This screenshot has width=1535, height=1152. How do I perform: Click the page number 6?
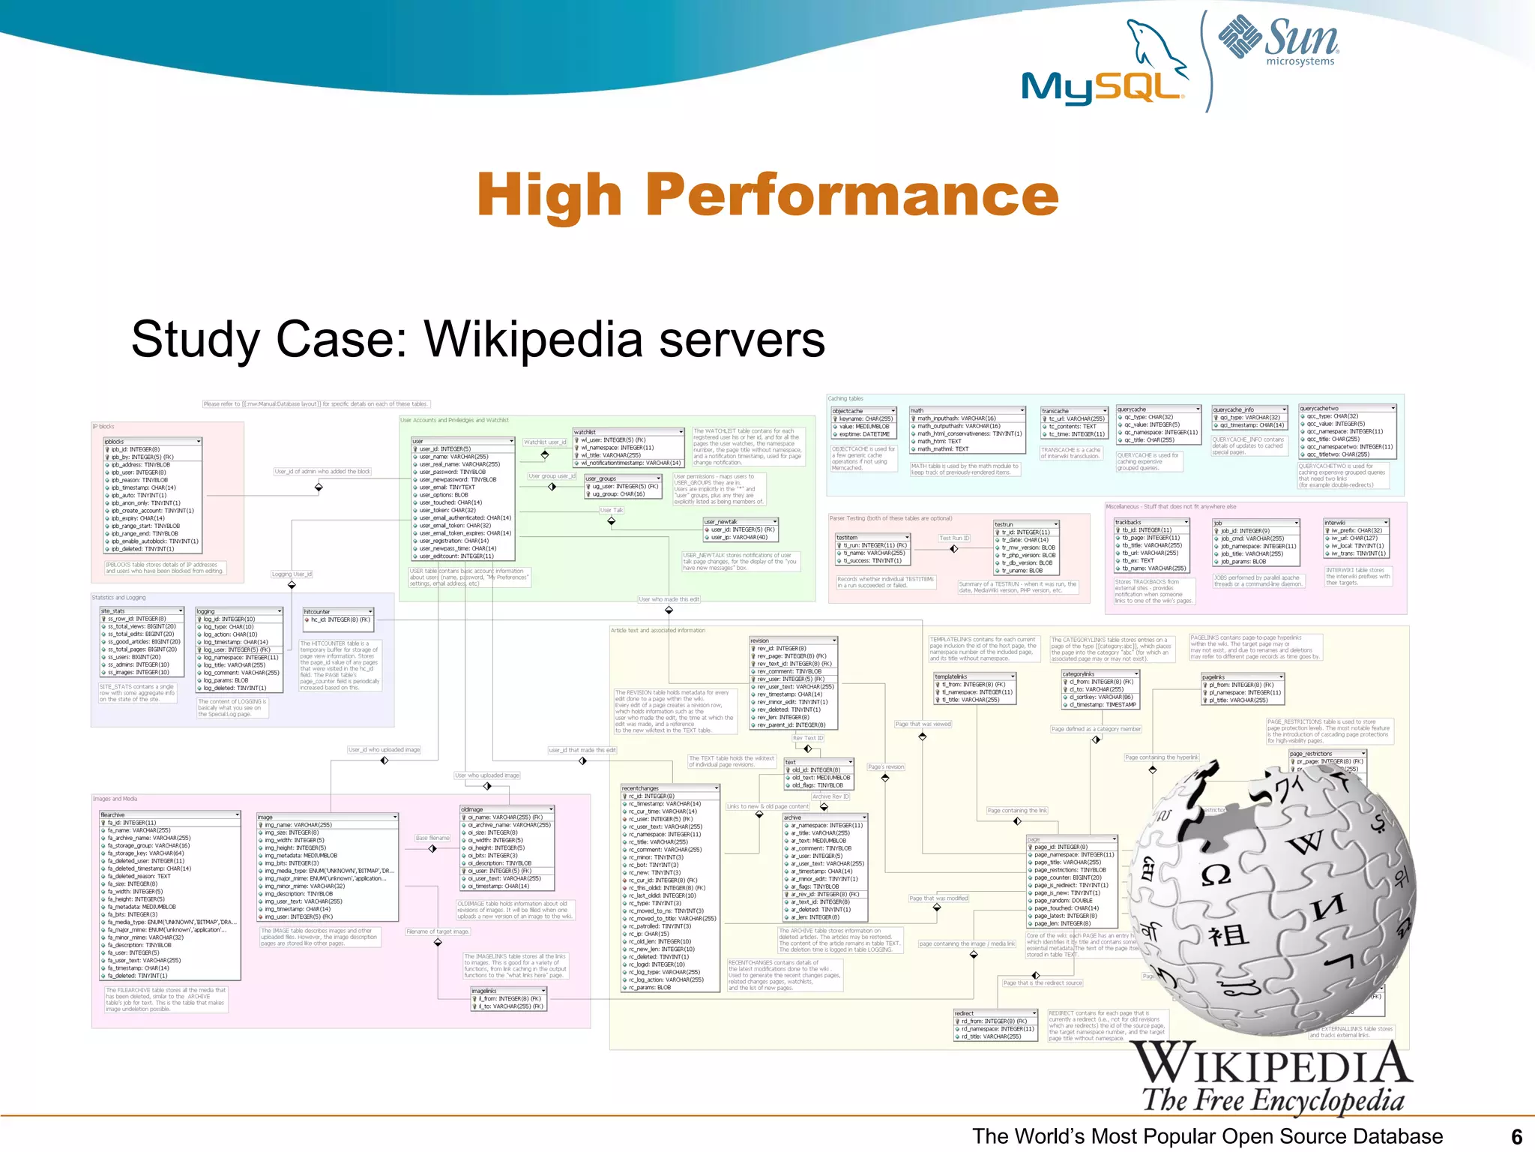tap(1516, 1136)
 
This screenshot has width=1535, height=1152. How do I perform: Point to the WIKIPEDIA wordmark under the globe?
tap(1271, 1063)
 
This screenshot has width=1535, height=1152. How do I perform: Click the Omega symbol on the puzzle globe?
tap(1216, 874)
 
